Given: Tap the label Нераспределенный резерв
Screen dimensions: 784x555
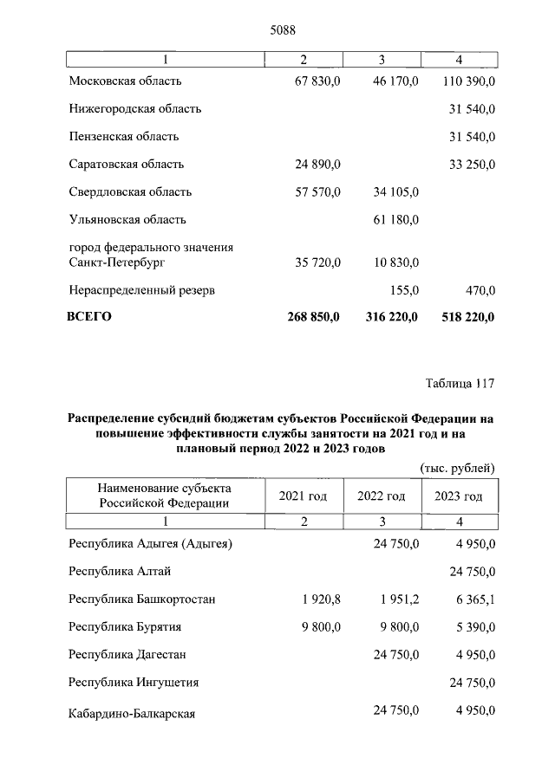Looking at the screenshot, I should [x=141, y=288].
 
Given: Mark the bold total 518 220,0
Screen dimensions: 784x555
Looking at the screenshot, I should [x=465, y=317].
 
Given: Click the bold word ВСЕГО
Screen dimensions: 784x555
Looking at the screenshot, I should [x=89, y=317].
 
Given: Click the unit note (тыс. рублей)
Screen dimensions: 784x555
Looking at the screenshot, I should [x=457, y=469].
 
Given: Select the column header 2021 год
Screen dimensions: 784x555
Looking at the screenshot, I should [x=303, y=496].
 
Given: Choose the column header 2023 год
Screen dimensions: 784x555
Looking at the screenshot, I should [x=458, y=496].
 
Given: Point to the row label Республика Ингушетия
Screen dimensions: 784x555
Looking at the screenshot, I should [x=134, y=682].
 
